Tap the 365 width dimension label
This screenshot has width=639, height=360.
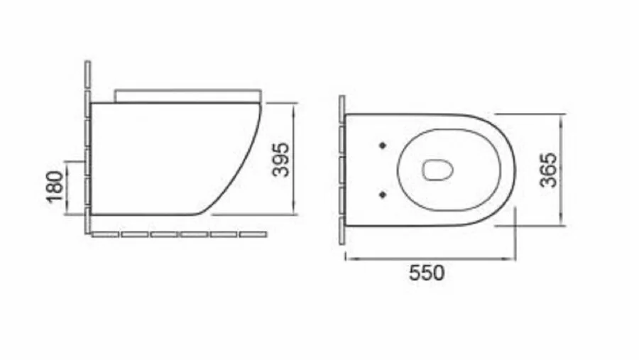point(548,169)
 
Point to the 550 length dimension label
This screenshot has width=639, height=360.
point(427,273)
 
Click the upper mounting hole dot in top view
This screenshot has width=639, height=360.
point(383,145)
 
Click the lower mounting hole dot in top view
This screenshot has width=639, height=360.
point(383,193)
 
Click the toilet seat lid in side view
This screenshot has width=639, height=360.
point(187,95)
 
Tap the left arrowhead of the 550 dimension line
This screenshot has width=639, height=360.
point(348,258)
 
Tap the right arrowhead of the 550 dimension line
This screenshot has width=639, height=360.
point(512,258)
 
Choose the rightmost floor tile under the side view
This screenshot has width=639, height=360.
point(253,234)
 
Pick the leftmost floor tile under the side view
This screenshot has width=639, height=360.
point(106,234)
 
